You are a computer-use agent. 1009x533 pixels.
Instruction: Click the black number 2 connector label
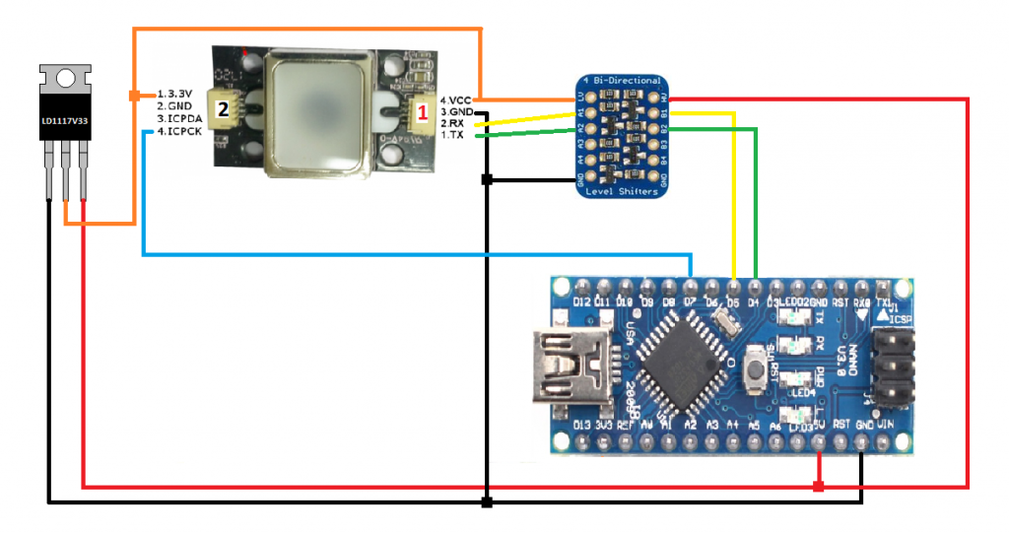click(x=223, y=109)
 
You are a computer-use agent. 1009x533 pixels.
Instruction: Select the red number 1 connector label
click(x=422, y=112)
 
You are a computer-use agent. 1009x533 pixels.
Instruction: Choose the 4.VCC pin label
click(x=455, y=100)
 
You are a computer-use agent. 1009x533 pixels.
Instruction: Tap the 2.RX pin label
click(x=453, y=124)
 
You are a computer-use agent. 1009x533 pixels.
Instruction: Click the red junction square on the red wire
click(x=819, y=487)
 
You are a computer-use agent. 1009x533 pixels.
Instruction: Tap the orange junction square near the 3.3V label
click(x=134, y=96)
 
